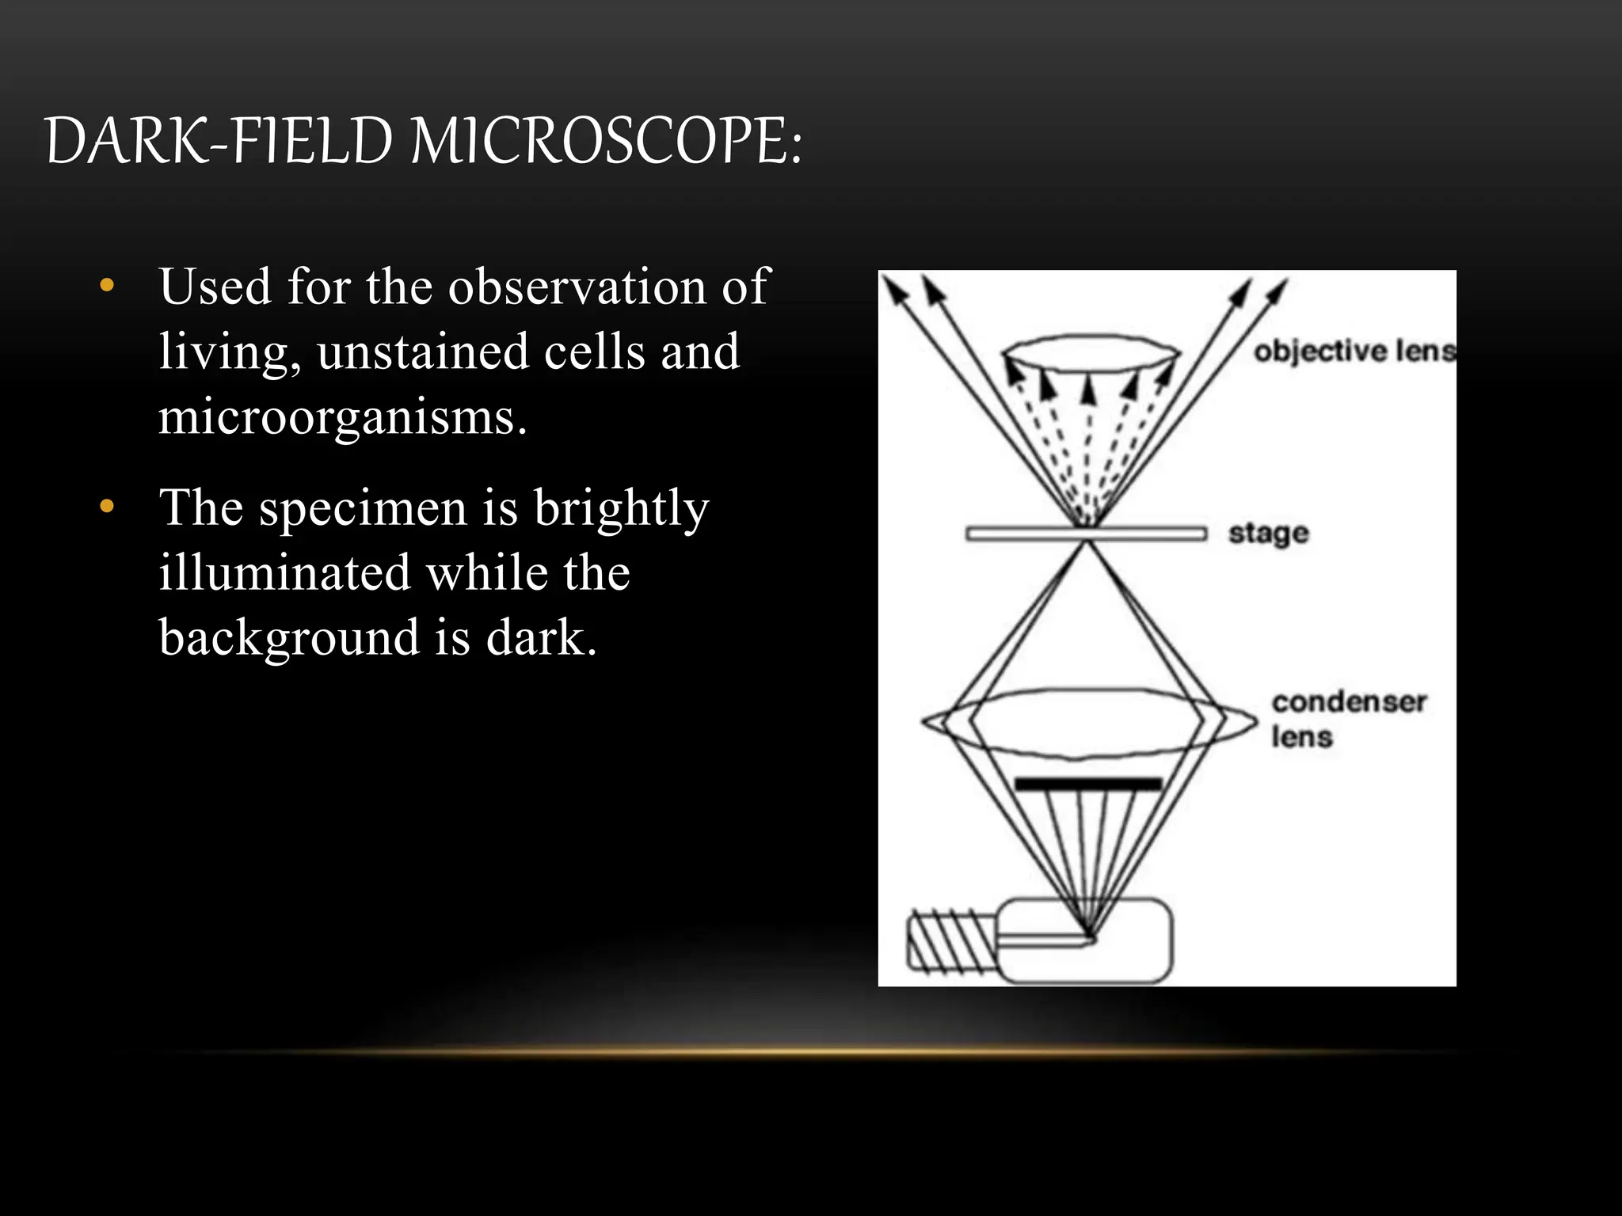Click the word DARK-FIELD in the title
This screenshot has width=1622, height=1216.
tap(219, 142)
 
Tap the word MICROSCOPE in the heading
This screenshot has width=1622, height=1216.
tap(606, 142)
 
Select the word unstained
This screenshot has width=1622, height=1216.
tap(422, 351)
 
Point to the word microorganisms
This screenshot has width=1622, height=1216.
tap(341, 417)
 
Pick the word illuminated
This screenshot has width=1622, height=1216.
tap(284, 572)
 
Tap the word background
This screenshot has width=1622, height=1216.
tap(289, 637)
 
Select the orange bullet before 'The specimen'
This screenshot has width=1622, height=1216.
tap(108, 507)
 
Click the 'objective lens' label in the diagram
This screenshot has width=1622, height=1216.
tap(1354, 351)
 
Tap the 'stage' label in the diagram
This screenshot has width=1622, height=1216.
tap(1268, 534)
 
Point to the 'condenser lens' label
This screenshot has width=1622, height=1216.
tap(1347, 719)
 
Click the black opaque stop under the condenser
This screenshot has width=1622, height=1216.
tap(1088, 784)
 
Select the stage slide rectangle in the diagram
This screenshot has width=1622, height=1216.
tap(1086, 534)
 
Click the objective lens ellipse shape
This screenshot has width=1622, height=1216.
tap(1091, 352)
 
